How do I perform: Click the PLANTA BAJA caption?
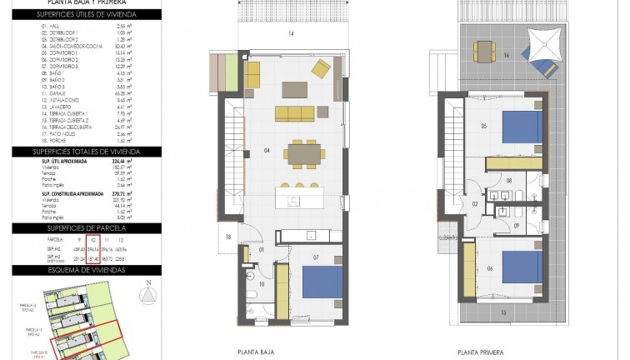[x=257, y=352]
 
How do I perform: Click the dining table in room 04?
[x=302, y=153]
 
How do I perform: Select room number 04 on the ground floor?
[x=267, y=151]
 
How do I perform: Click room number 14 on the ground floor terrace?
[x=291, y=33]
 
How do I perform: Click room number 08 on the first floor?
[x=508, y=180]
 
